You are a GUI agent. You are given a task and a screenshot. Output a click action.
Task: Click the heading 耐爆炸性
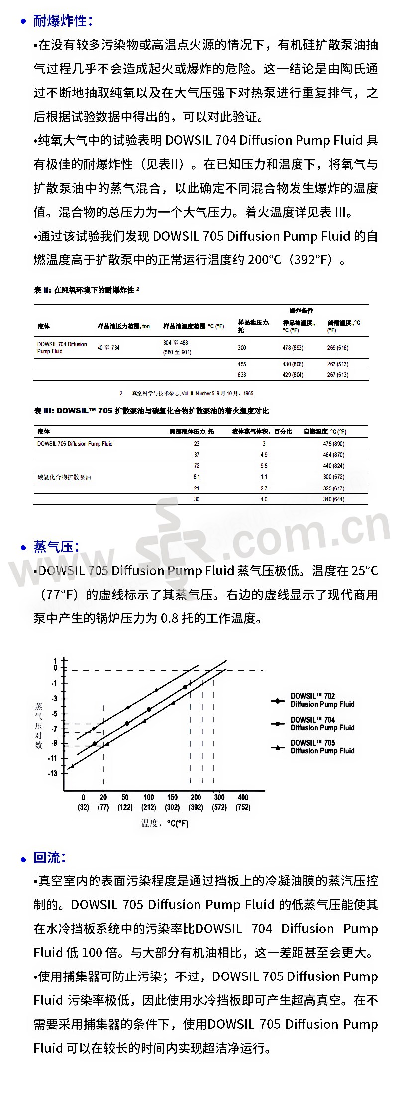pyautogui.click(x=62, y=21)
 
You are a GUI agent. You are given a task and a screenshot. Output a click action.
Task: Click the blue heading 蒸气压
pyautogui.click(x=56, y=547)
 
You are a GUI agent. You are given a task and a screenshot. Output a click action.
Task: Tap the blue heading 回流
pyautogui.click(x=49, y=857)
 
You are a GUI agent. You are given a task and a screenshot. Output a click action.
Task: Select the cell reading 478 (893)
pyautogui.click(x=293, y=348)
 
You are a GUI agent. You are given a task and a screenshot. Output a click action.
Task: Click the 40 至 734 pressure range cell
pyautogui.click(x=108, y=348)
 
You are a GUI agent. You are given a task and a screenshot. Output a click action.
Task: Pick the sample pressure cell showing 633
pyautogui.click(x=242, y=375)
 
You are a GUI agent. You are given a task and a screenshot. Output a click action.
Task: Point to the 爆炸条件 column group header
pyautogui.click(x=301, y=311)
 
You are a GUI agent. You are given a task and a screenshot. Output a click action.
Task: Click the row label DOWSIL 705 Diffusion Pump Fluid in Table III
pyautogui.click(x=75, y=444)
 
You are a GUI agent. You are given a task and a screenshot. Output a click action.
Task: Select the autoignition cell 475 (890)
pyautogui.click(x=333, y=444)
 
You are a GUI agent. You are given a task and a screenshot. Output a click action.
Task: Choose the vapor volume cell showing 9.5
pyautogui.click(x=264, y=466)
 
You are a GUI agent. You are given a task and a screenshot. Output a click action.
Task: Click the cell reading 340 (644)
pyautogui.click(x=333, y=499)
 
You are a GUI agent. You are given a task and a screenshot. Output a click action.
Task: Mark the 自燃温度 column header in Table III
pyautogui.click(x=325, y=432)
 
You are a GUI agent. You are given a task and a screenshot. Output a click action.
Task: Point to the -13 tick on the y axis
pyautogui.click(x=53, y=773)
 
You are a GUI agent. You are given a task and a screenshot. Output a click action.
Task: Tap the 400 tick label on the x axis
pyautogui.click(x=243, y=797)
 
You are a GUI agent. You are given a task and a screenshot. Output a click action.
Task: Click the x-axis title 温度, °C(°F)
pyautogui.click(x=165, y=823)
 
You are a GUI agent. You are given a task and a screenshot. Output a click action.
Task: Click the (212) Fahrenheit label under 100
pyautogui.click(x=149, y=807)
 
